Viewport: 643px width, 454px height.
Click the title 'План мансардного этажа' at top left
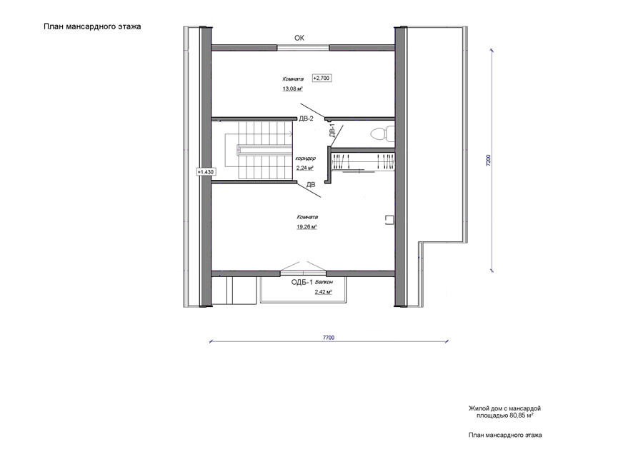92,26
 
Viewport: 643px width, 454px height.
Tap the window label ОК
299,38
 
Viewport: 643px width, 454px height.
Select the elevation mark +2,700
322,78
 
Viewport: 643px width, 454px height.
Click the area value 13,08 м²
293,89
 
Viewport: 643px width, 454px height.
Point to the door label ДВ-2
306,118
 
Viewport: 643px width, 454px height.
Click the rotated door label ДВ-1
332,131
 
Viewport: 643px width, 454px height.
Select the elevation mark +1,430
206,172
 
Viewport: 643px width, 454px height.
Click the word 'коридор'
306,158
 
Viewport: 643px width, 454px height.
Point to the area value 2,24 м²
305,168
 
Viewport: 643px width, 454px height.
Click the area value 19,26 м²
306,226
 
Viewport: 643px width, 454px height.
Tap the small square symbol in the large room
389,220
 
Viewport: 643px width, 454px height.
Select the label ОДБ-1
302,282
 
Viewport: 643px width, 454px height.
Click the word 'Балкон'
324,282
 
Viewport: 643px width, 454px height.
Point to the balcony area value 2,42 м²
323,292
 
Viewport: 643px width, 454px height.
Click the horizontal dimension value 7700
329,338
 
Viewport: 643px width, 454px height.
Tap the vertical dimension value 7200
488,160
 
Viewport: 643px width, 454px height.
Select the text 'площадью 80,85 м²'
505,415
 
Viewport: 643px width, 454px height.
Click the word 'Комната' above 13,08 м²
293,79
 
